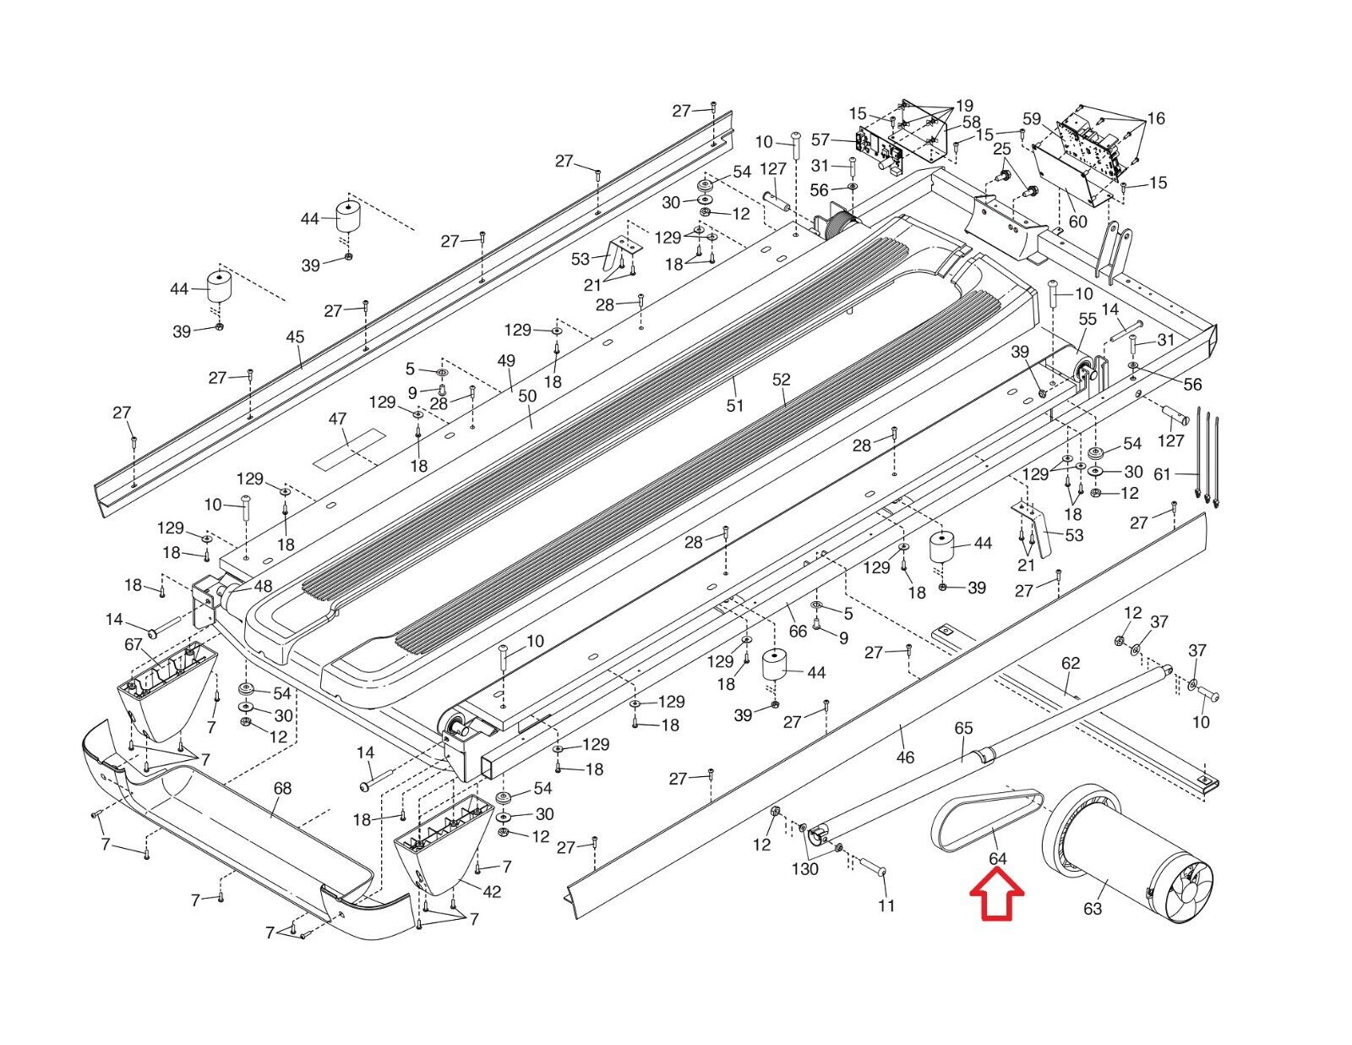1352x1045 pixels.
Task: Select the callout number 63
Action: (x=1093, y=909)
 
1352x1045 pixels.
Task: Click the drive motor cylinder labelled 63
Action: (x=1115, y=854)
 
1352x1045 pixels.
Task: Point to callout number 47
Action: (x=337, y=419)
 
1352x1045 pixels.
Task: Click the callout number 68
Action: (x=282, y=788)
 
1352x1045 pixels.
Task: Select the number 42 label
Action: (x=492, y=892)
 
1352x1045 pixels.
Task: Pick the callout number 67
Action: (x=134, y=645)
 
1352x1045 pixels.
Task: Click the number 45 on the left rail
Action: (x=295, y=337)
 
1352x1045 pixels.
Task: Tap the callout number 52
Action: (x=781, y=380)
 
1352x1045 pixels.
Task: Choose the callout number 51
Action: (x=735, y=405)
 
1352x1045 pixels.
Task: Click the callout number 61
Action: (x=1163, y=474)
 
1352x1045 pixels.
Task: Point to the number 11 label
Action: (x=886, y=905)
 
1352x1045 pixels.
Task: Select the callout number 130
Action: (x=805, y=868)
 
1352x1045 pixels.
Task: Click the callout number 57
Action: (x=820, y=140)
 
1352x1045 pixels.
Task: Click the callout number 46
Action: (x=905, y=757)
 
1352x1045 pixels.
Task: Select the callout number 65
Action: (x=963, y=728)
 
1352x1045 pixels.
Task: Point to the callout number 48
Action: (x=263, y=585)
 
